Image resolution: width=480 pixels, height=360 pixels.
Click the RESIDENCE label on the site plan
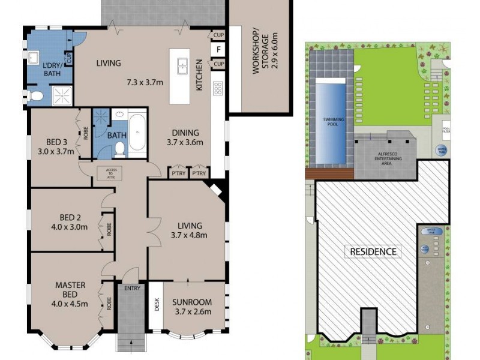tap(373, 251)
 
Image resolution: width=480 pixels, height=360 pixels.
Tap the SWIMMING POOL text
tap(331, 120)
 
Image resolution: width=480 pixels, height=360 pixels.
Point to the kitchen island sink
tap(184, 65)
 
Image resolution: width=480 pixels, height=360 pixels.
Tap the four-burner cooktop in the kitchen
tap(218, 88)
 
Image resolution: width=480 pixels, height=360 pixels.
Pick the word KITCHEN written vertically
tap(199, 79)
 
